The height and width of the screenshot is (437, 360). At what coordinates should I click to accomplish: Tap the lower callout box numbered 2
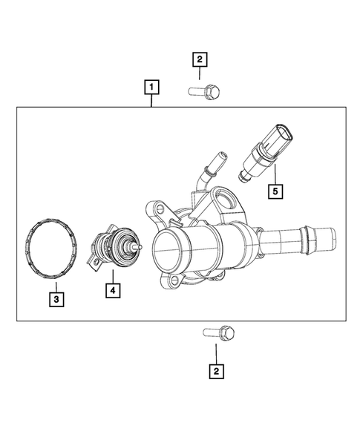click(x=216, y=370)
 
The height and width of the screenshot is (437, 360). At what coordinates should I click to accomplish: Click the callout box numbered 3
click(x=56, y=299)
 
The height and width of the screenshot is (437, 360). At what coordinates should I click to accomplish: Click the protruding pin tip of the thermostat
click(x=138, y=246)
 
